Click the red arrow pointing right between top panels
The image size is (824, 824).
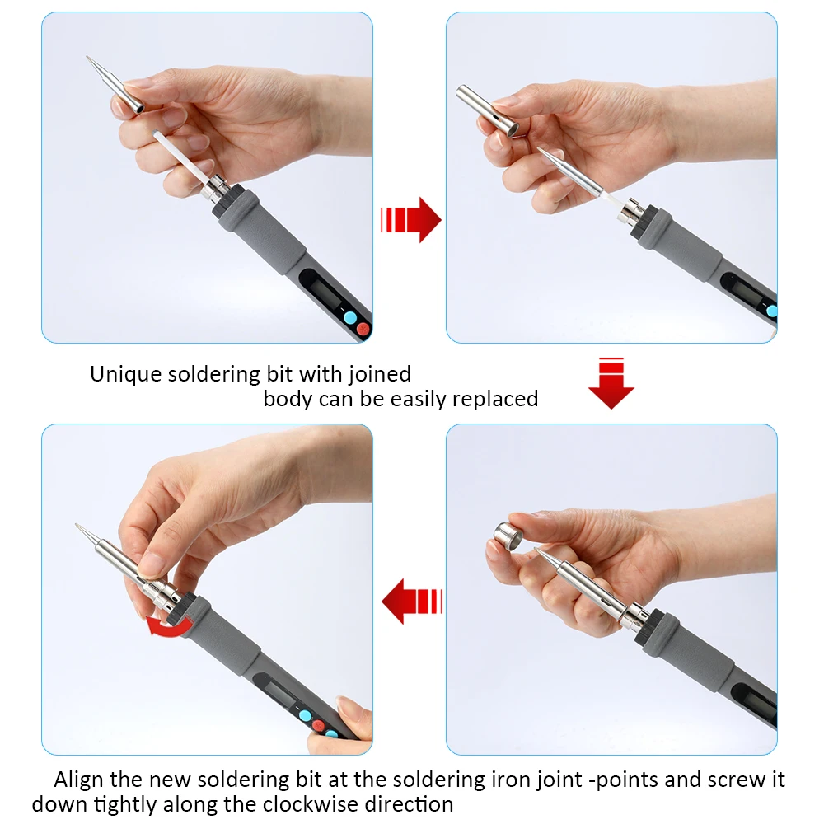[x=412, y=220]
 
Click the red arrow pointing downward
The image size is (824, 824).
[x=611, y=384]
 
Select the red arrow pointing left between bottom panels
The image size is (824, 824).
[x=411, y=601]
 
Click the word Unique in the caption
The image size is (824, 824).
[x=126, y=374]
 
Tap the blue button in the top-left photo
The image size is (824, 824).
[x=349, y=317]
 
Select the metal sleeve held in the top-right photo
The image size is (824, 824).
[x=487, y=110]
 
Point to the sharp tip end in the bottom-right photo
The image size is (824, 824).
[x=537, y=550]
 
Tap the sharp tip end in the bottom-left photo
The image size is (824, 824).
[x=77, y=526]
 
